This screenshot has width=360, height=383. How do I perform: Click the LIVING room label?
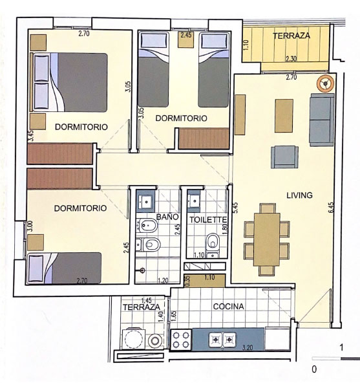tap(299, 195)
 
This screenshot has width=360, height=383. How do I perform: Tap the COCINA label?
tap(228, 307)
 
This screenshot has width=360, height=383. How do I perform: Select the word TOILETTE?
tap(208, 220)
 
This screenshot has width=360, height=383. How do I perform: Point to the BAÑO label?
tap(167, 217)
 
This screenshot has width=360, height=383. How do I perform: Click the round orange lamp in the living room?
tap(325, 84)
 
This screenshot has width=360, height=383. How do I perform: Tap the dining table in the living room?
tap(267, 239)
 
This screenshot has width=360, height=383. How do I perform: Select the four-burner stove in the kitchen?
tap(181, 340)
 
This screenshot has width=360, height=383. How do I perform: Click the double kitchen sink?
tap(222, 340)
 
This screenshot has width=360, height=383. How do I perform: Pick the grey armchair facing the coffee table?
tap(284, 157)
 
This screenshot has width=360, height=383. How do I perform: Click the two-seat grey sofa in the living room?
tap(322, 120)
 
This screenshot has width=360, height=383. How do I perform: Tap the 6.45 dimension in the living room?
tap(331, 208)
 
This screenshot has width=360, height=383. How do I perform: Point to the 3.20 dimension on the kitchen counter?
tap(248, 347)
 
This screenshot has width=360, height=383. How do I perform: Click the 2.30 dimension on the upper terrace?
tap(291, 59)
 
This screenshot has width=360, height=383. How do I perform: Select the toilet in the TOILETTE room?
tap(213, 245)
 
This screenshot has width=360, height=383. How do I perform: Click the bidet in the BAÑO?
tap(147, 225)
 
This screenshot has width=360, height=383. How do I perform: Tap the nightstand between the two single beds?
tap(185, 39)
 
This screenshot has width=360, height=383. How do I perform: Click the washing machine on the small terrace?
tap(133, 338)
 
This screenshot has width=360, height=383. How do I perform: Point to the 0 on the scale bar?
tap(314, 369)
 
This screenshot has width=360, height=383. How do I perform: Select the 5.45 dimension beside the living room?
tap(235, 208)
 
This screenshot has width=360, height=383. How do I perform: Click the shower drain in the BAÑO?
tap(142, 270)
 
